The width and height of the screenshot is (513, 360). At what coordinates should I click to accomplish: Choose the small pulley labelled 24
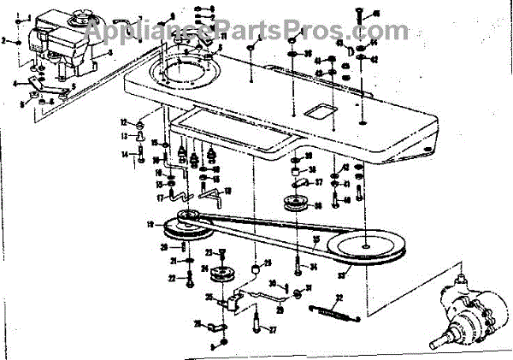click(224, 275)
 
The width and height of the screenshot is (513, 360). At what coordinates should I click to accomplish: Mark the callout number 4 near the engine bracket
click(15, 83)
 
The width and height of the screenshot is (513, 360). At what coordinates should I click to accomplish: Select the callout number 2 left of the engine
click(4, 40)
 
